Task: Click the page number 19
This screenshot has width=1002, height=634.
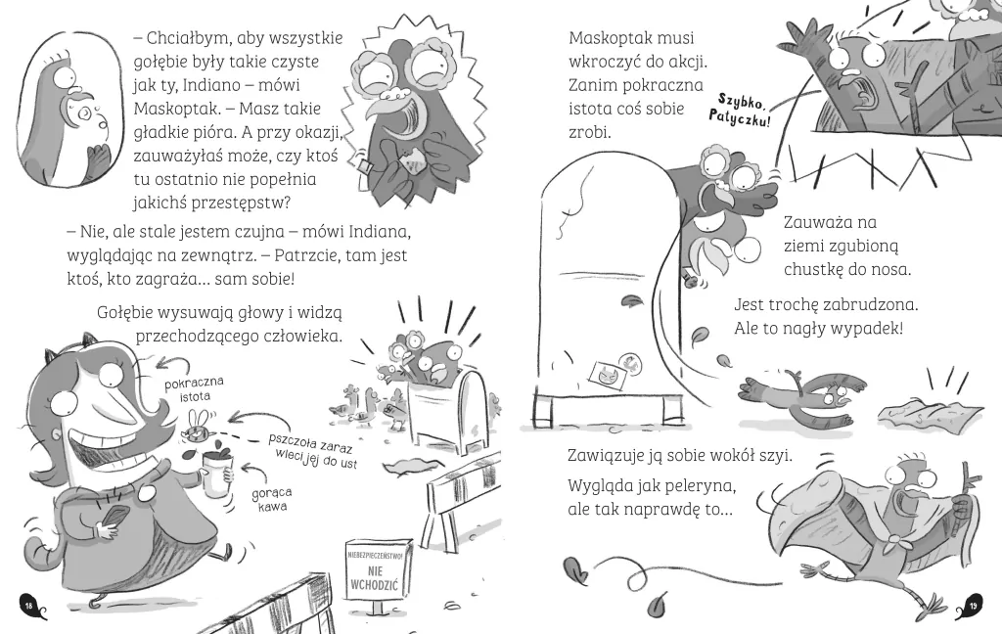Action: (x=974, y=606)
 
